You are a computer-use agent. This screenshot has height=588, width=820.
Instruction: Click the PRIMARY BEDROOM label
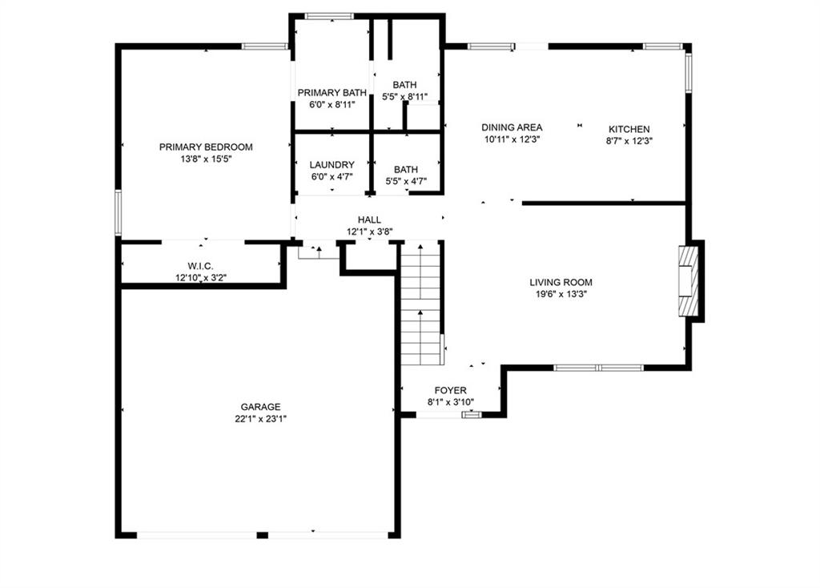(x=206, y=147)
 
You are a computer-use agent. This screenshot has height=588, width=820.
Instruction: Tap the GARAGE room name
(x=260, y=406)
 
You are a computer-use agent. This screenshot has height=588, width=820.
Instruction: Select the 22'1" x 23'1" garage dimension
(x=260, y=418)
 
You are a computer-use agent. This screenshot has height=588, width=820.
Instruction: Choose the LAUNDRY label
(x=332, y=165)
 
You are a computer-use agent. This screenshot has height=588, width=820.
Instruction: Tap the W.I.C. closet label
(x=201, y=266)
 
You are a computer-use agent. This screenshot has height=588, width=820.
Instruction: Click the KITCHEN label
(x=629, y=129)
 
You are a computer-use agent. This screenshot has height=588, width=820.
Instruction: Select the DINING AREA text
(x=512, y=127)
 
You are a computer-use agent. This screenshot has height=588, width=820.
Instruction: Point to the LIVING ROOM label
(x=561, y=282)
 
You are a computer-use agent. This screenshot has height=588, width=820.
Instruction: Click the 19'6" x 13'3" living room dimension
(x=561, y=294)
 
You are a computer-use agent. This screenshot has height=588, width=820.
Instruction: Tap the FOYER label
(x=450, y=390)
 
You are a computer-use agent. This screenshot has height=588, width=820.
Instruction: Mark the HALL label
(x=369, y=219)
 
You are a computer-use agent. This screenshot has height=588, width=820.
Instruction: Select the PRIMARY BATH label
(x=332, y=93)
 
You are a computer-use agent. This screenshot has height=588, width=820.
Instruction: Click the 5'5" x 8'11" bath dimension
(x=404, y=97)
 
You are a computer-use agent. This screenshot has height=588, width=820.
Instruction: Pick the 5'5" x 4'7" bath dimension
(x=406, y=182)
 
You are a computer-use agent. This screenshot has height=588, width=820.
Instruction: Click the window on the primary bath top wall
(x=329, y=16)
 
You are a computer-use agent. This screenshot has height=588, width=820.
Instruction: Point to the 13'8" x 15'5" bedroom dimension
(x=206, y=159)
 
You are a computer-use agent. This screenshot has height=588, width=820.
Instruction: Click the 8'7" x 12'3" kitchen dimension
(x=629, y=141)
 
